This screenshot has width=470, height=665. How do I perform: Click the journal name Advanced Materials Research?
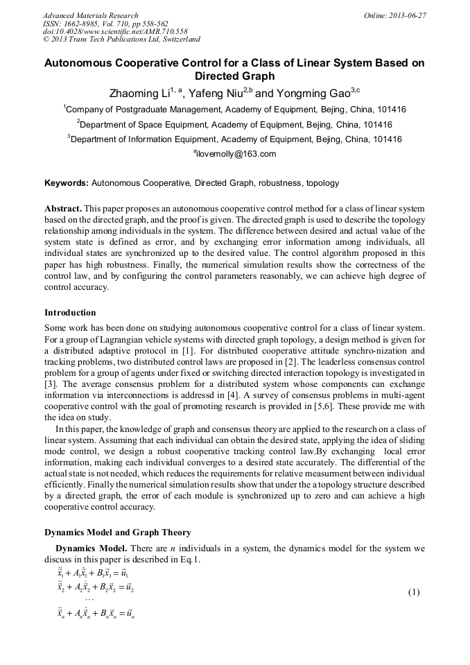pos(90,15)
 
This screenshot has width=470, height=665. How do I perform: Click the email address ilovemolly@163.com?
pos(236,154)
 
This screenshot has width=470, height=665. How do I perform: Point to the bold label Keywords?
pos(67,184)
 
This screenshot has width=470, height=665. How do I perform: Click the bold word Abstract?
pos(63,209)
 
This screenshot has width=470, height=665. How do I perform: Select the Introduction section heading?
pos(70,313)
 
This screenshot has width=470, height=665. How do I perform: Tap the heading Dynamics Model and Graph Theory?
pos(117,533)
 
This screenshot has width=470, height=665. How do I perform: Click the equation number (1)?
pos(414,592)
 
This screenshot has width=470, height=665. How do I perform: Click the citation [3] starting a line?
pos(50,383)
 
